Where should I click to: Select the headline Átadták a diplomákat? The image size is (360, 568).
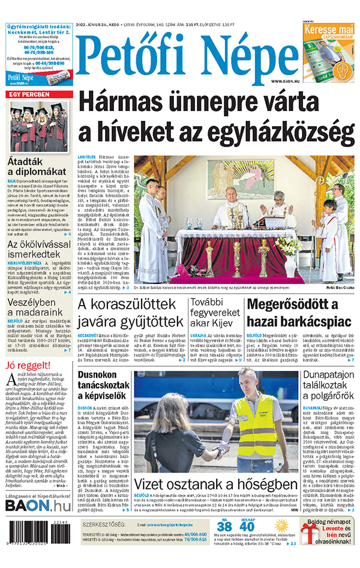[34, 168]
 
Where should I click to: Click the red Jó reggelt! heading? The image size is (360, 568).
[28, 366]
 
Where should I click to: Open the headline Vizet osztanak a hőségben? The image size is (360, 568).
[216, 485]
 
